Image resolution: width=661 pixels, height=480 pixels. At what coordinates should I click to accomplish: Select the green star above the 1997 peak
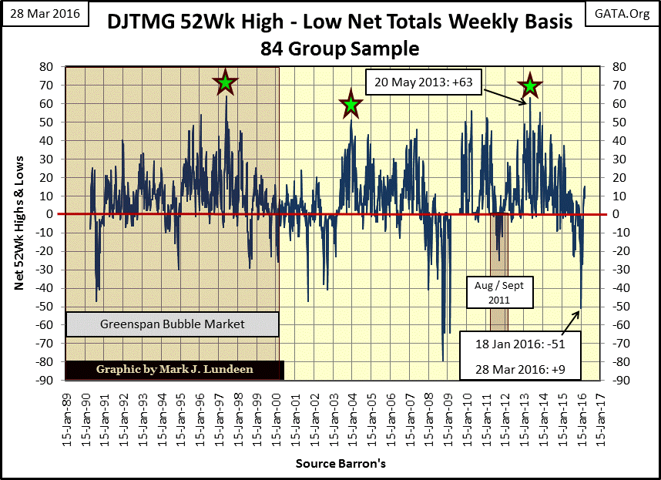225,82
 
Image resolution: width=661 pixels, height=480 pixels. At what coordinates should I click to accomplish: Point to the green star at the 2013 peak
529,86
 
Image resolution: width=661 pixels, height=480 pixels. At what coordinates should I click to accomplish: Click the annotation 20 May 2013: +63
423,81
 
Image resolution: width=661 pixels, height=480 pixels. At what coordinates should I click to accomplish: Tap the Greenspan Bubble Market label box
172,324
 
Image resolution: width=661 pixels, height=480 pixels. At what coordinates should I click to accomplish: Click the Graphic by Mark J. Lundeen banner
174,369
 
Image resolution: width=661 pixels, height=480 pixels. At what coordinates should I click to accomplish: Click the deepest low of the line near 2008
443,361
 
